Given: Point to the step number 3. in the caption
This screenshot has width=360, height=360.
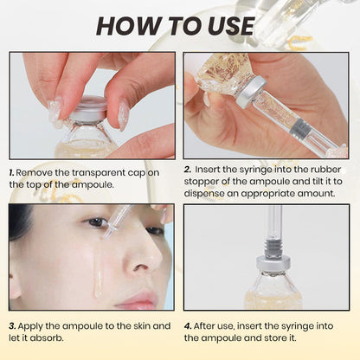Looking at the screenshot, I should (x=13, y=326).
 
